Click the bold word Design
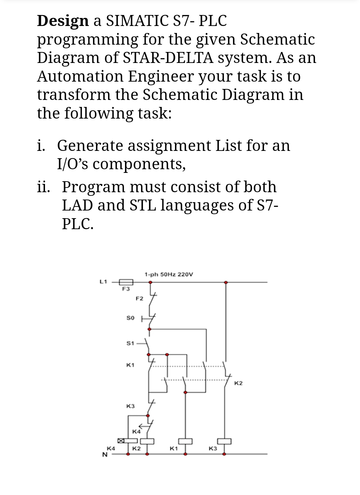tap(63, 21)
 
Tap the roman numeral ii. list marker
tap(44, 187)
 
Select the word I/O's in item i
tap(73, 164)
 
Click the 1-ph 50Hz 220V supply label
tap(169, 274)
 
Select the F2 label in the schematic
tap(139, 298)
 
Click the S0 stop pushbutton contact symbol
tap(150, 318)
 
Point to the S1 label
tap(130, 343)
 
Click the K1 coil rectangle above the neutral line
tap(185, 441)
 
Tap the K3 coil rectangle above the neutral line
tap(225, 441)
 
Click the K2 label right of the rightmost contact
tap(238, 383)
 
